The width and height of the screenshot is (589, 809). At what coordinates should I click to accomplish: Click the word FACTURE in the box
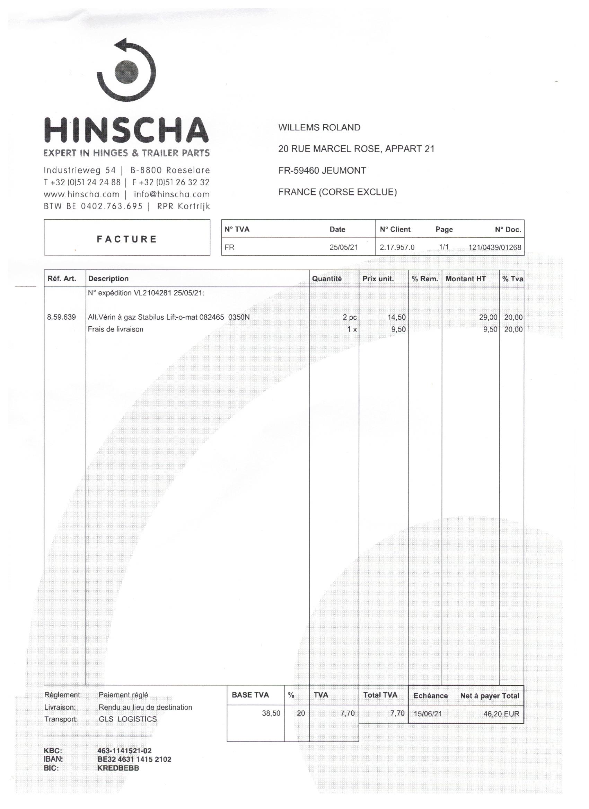pyautogui.click(x=127, y=239)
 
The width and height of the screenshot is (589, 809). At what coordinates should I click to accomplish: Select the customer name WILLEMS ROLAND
pyautogui.click(x=319, y=128)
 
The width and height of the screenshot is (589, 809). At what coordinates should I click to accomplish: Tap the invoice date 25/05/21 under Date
pyautogui.click(x=343, y=247)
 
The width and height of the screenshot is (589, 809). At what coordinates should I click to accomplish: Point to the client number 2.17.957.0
pyautogui.click(x=397, y=247)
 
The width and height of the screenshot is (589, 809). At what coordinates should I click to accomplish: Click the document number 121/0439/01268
pyautogui.click(x=494, y=247)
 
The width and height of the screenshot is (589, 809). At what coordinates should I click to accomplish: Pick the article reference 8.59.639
pyautogui.click(x=61, y=317)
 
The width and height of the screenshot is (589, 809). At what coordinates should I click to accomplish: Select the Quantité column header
pyautogui.click(x=326, y=279)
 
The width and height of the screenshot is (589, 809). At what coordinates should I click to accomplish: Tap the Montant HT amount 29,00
pyautogui.click(x=488, y=317)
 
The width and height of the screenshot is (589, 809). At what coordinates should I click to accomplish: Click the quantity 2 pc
pyautogui.click(x=350, y=317)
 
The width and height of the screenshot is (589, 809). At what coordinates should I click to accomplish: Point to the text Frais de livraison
pyautogui.click(x=115, y=329)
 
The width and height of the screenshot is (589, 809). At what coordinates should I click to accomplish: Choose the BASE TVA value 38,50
pyautogui.click(x=271, y=713)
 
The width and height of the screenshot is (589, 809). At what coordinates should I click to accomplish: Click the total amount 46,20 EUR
pyautogui.click(x=501, y=714)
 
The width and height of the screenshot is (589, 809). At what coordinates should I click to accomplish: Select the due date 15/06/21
pyautogui.click(x=428, y=714)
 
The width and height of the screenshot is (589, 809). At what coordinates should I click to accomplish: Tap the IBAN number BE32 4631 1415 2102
pyautogui.click(x=134, y=759)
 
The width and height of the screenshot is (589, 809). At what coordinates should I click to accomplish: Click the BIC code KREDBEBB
pyautogui.click(x=118, y=768)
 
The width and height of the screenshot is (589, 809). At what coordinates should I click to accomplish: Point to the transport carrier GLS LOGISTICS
pyautogui.click(x=128, y=719)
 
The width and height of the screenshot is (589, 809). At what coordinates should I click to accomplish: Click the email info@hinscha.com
pyautogui.click(x=172, y=194)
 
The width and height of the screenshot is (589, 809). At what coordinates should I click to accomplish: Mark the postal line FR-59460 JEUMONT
pyautogui.click(x=322, y=171)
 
